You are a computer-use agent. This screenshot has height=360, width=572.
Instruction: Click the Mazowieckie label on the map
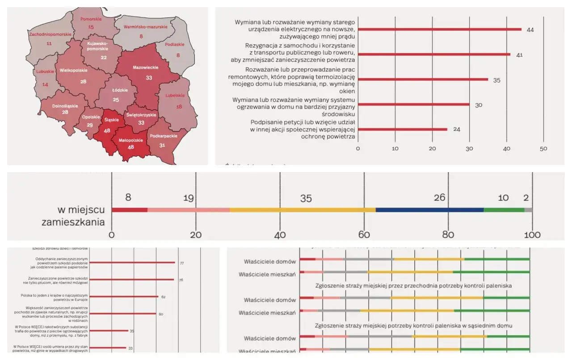click(146, 68)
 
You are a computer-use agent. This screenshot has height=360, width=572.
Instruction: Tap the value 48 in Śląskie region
click(107, 131)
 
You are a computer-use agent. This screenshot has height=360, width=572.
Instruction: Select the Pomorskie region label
click(91, 19)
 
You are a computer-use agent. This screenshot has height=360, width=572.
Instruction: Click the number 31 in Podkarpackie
click(162, 145)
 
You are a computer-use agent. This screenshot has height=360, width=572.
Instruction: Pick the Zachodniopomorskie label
click(49, 34)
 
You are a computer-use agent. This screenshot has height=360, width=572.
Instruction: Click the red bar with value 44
click(440, 30)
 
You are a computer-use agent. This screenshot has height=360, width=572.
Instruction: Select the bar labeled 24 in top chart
click(402, 130)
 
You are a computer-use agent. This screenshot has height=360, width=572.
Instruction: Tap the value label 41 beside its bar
click(519, 55)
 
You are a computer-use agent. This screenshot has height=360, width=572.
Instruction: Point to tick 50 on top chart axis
click(543, 148)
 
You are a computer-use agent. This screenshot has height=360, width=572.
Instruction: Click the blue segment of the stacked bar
click(429, 210)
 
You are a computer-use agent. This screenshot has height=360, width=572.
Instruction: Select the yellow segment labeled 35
click(303, 210)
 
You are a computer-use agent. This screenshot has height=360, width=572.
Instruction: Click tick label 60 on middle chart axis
click(364, 235)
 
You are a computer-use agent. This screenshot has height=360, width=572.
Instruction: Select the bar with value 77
click(132, 263)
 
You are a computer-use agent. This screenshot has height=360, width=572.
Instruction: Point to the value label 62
click(163, 296)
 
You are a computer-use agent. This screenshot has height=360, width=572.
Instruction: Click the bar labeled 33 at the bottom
click(108, 347)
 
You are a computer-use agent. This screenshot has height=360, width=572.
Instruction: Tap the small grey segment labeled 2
click(528, 210)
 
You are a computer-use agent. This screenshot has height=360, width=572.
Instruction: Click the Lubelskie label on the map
click(174, 95)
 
